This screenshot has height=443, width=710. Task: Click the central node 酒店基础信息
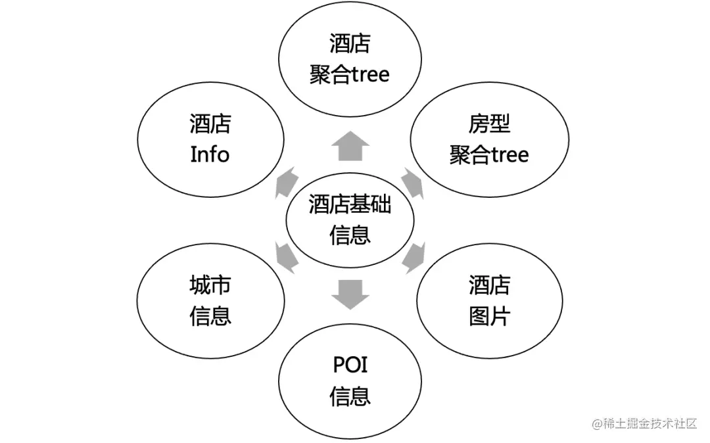350,220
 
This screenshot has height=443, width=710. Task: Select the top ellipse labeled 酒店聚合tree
350,59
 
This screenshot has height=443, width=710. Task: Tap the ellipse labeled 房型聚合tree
489,139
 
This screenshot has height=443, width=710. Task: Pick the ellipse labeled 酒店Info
210,139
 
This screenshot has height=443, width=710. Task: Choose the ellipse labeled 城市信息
210,301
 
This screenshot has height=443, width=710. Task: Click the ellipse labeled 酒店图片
489,301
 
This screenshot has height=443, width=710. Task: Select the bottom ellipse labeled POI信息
350,381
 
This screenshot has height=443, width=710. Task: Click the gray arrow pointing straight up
350,146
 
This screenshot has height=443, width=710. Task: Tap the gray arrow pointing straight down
350,295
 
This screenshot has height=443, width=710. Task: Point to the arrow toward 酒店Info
285,182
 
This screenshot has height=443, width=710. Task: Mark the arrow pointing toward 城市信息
285,257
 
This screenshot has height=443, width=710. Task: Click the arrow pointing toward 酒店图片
414,257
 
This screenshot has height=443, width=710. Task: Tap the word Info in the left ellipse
210,155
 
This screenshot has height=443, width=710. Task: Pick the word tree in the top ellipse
369,74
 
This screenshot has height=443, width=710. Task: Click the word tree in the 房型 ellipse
509,155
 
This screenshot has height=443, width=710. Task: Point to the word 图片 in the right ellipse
489,317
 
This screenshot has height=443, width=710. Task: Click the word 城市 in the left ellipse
210,285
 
